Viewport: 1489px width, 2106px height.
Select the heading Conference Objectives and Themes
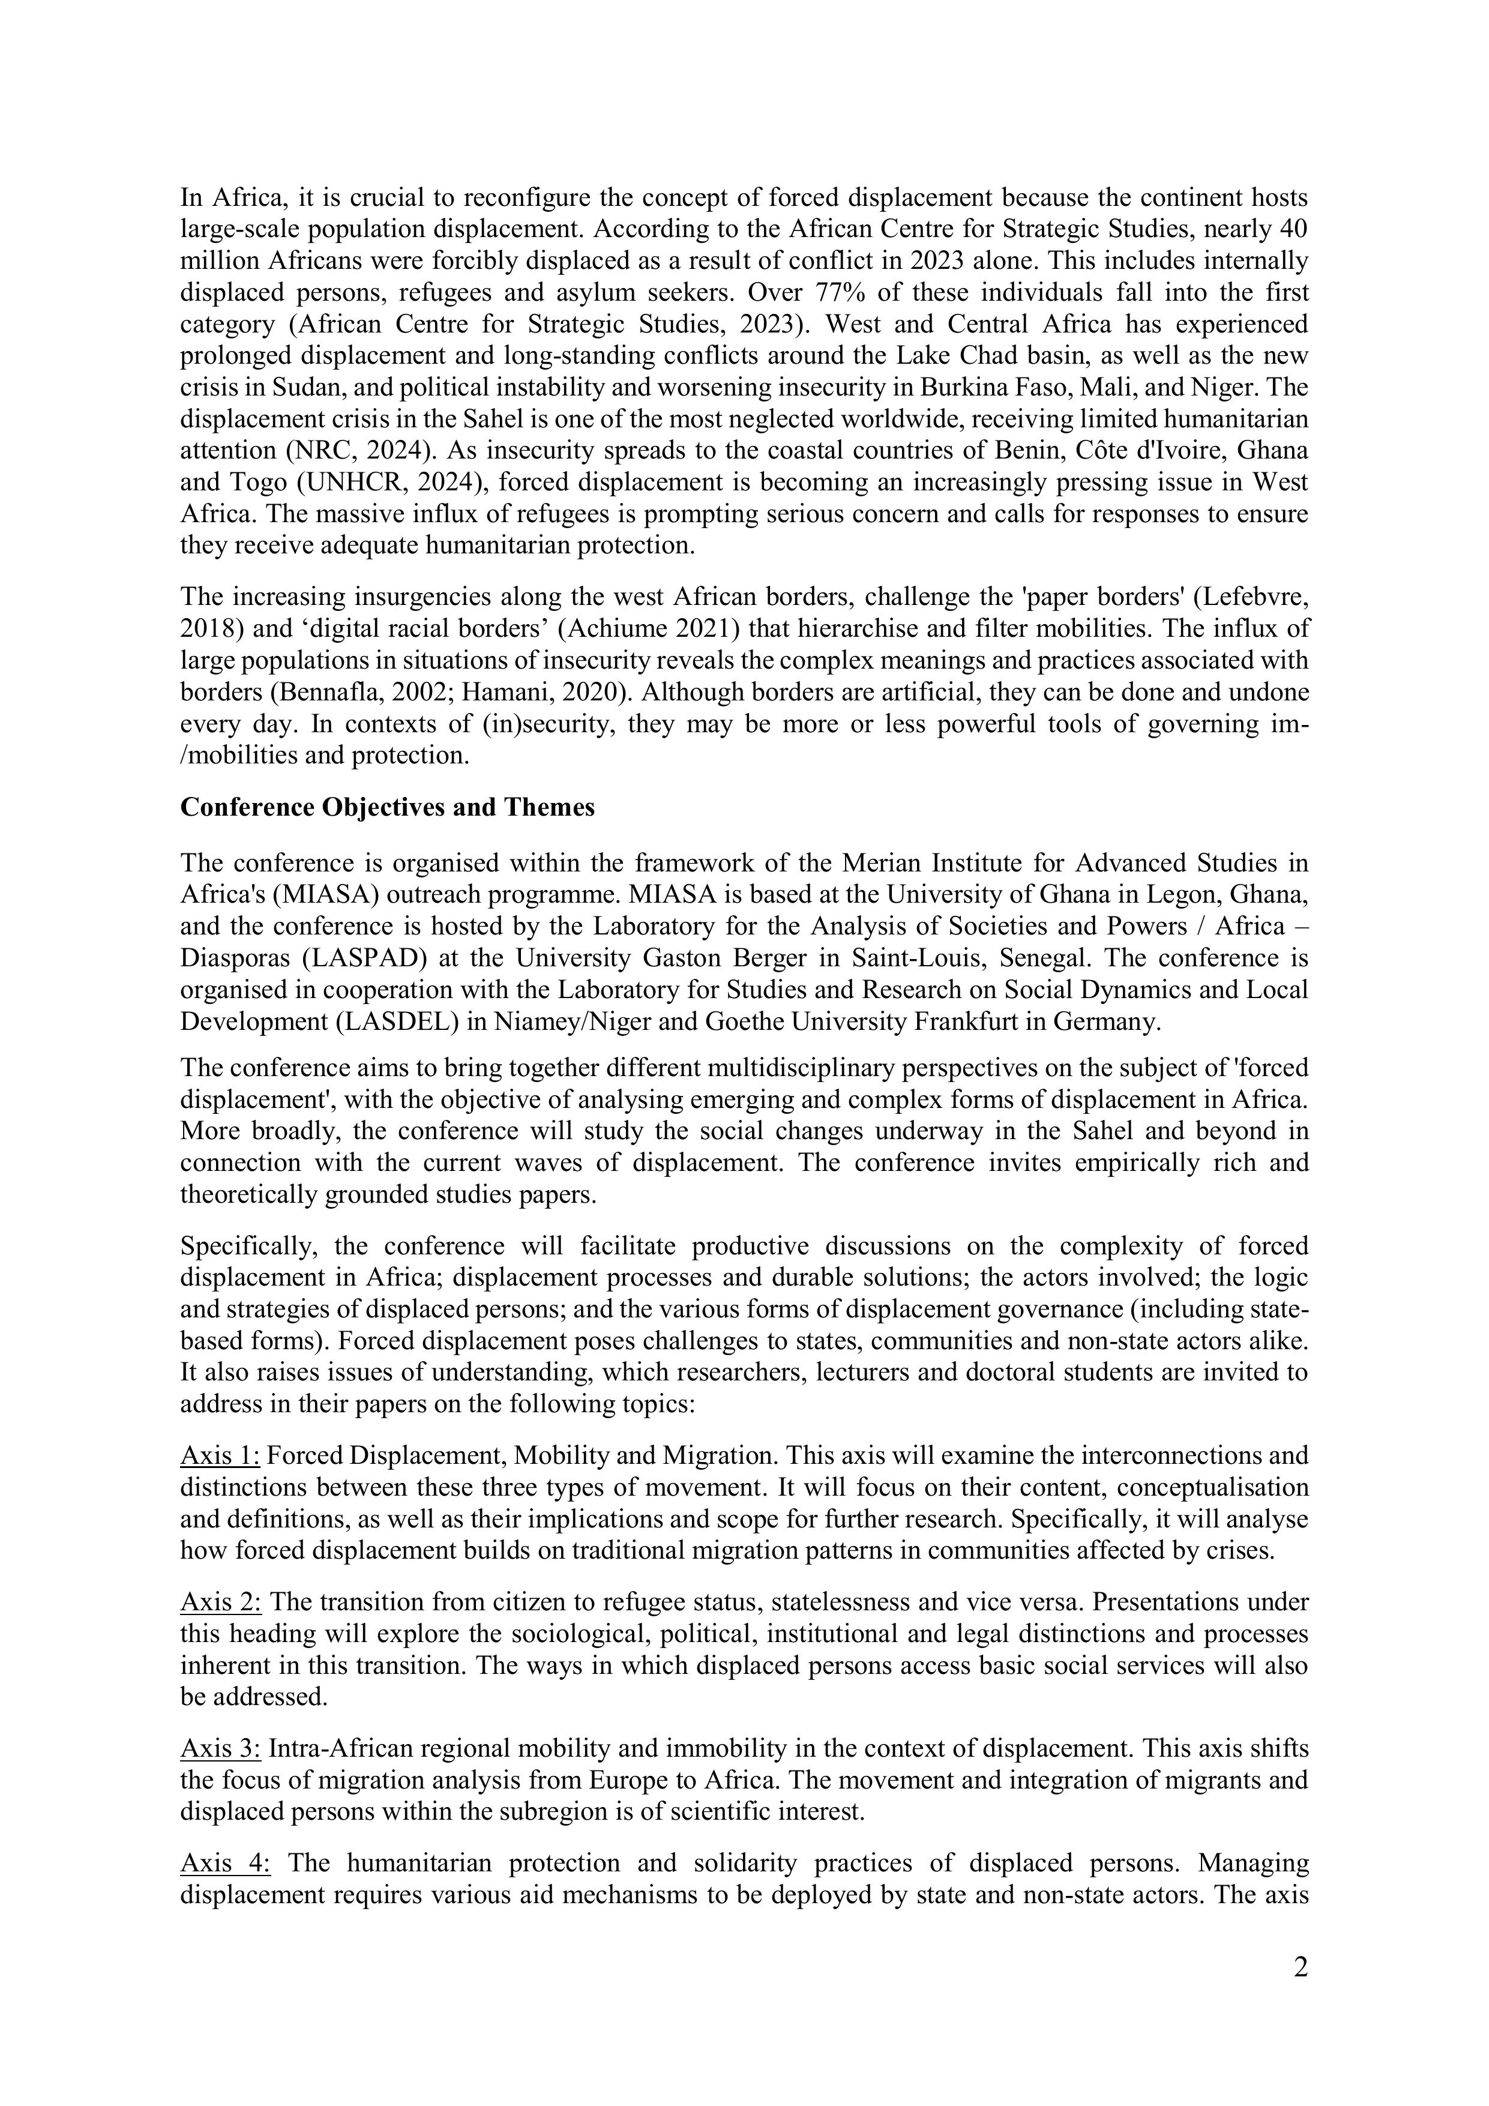click(387, 807)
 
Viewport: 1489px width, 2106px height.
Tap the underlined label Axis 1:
click(220, 1455)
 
